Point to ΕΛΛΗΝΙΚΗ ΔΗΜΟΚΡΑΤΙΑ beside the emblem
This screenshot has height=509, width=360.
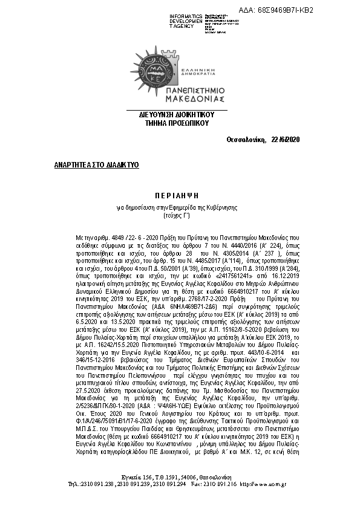coord(193,67)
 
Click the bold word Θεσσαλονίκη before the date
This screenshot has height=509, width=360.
coord(246,140)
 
